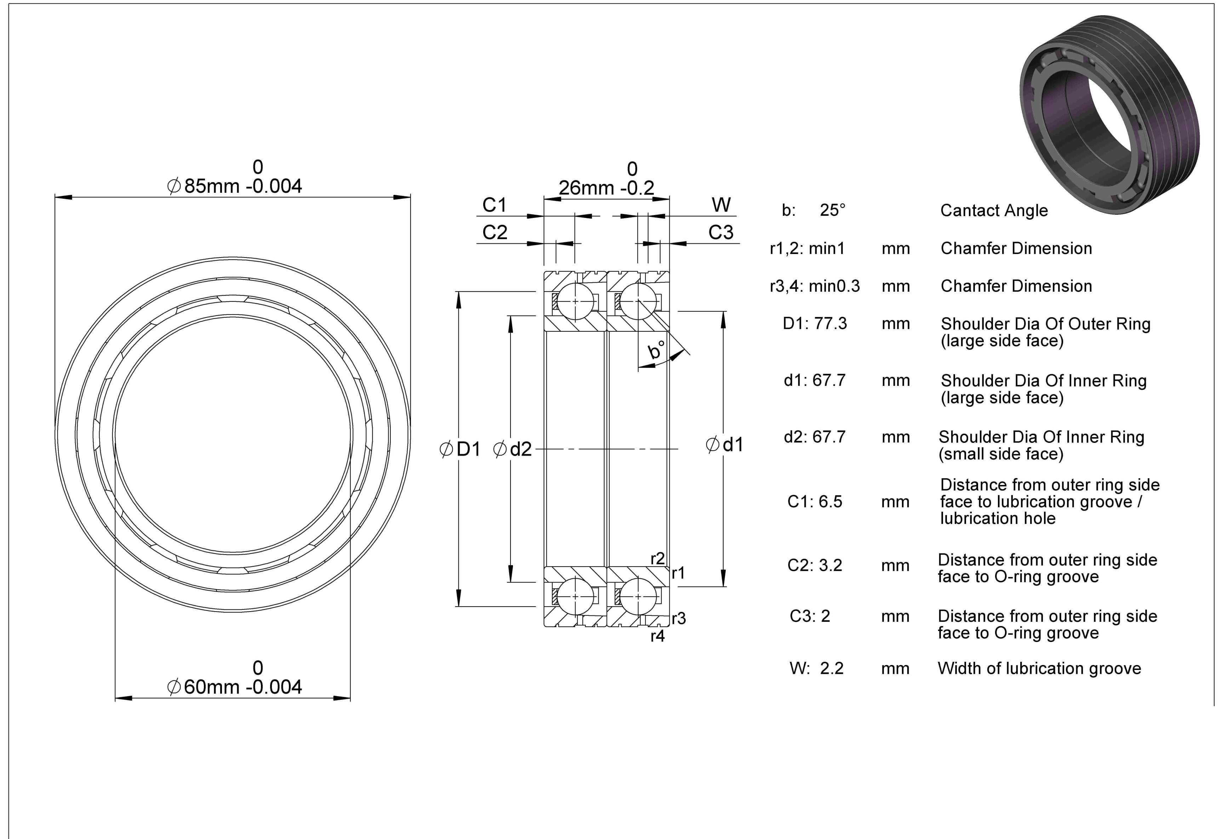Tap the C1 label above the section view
495,205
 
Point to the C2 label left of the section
495,232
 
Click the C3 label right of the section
721,232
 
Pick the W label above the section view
721,205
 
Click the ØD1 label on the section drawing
460,449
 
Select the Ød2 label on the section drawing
512,449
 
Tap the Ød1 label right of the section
724,445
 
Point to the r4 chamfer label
658,636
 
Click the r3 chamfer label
679,618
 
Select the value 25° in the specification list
833,210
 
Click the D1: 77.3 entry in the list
815,323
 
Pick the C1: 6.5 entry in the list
815,502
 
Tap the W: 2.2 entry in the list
816,668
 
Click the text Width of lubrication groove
1039,668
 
